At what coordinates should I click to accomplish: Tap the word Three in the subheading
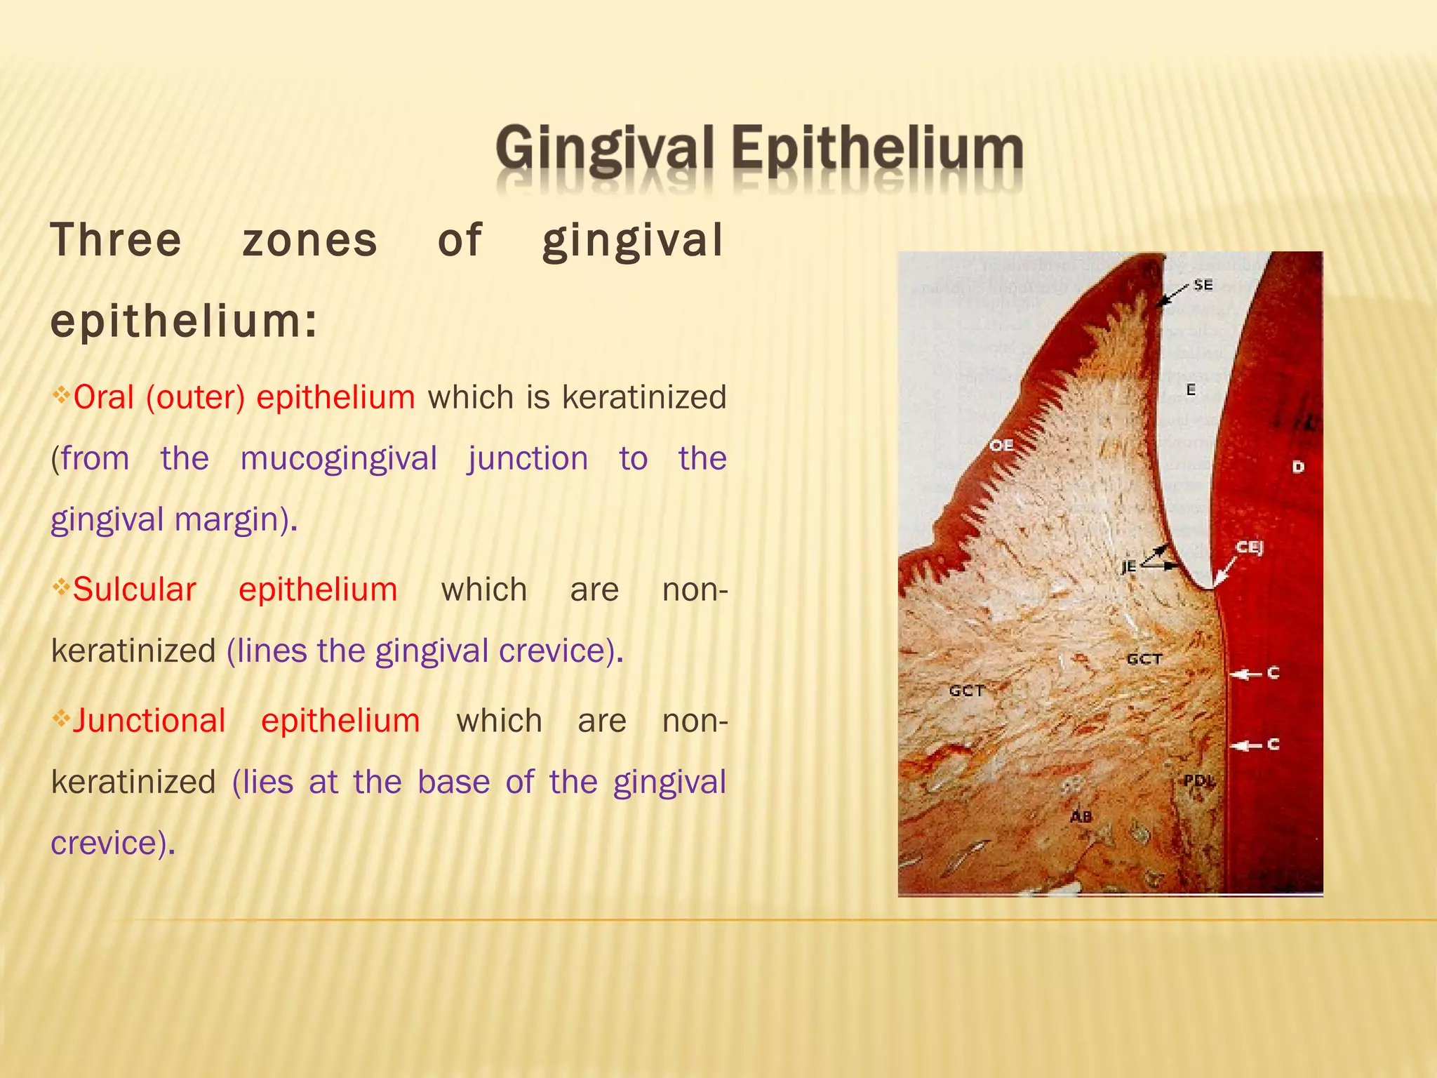tap(116, 240)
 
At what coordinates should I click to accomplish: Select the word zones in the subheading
tap(310, 240)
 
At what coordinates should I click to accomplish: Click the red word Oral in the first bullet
tap(103, 397)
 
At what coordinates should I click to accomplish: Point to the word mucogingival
tap(339, 458)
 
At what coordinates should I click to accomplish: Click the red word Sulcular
tap(134, 590)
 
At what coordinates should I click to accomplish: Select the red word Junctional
tap(149, 721)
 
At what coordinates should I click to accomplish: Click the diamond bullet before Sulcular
tap(61, 585)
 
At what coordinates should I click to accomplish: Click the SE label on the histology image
tap(1203, 285)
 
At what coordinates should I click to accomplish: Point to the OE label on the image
tap(1001, 446)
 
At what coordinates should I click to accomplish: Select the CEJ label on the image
tap(1249, 547)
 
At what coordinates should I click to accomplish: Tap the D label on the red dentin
tap(1298, 467)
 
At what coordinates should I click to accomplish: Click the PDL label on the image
tap(1198, 780)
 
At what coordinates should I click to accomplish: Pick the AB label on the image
tap(1081, 816)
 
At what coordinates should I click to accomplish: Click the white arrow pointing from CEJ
tap(1225, 571)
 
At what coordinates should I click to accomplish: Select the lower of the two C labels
tap(1274, 744)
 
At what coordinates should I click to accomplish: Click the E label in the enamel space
tap(1191, 390)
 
